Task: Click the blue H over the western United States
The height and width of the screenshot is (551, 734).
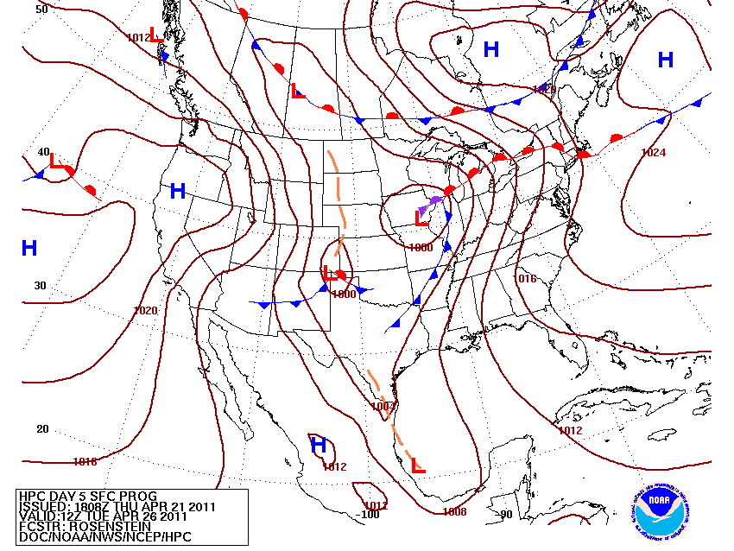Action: [x=178, y=191]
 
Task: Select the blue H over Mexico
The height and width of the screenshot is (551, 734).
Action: [x=319, y=446]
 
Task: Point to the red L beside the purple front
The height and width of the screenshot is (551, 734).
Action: [x=421, y=218]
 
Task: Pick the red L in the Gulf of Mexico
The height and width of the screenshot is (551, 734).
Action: [x=418, y=465]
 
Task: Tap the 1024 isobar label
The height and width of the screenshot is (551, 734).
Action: [x=654, y=153]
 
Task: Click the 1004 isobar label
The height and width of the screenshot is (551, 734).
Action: [x=383, y=406]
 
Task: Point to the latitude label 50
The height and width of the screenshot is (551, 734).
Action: [x=41, y=9]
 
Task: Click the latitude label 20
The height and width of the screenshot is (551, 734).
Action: [x=41, y=429]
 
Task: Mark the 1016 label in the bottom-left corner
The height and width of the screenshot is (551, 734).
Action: [x=85, y=462]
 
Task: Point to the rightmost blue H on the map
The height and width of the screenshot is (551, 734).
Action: [x=665, y=60]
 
